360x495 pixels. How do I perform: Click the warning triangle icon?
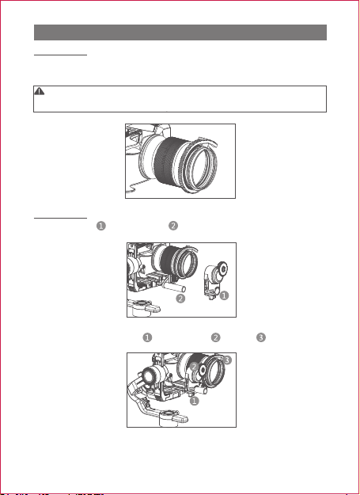click(39, 91)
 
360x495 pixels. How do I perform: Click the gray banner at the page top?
click(180, 32)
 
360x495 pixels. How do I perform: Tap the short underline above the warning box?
click(60, 55)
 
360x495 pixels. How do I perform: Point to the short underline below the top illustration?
click(60, 218)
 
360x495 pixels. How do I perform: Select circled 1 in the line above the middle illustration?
click(100, 226)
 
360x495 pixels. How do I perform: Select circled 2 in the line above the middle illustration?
click(173, 226)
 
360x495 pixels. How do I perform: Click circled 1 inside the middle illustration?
click(224, 295)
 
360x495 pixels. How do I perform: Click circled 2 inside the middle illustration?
click(180, 299)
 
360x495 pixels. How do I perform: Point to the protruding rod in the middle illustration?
click(176, 287)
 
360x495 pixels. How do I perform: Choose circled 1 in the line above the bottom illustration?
click(147, 337)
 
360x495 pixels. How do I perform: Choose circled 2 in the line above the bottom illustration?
click(216, 337)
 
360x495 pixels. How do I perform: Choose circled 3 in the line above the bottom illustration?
click(261, 337)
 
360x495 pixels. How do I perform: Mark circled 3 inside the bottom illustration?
click(227, 360)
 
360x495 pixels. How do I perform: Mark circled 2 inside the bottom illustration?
click(194, 367)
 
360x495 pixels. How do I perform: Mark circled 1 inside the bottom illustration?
click(194, 401)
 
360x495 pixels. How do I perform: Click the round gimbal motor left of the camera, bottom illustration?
click(151, 377)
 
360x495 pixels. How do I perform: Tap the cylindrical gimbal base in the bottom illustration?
click(169, 419)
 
